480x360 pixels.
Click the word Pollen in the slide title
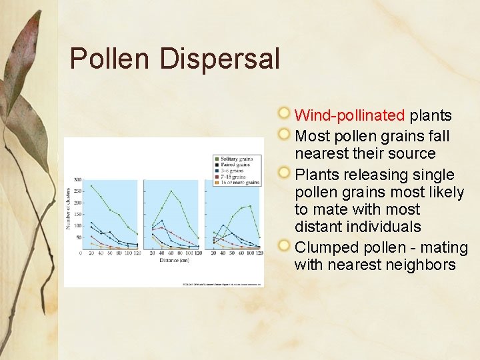click(x=111, y=59)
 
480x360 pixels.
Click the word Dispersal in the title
click(x=219, y=59)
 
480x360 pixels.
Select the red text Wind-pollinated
click(x=349, y=115)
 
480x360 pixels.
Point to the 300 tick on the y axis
click(x=77, y=180)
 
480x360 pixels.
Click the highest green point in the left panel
click(x=91, y=186)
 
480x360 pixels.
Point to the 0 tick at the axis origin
click(x=81, y=253)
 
